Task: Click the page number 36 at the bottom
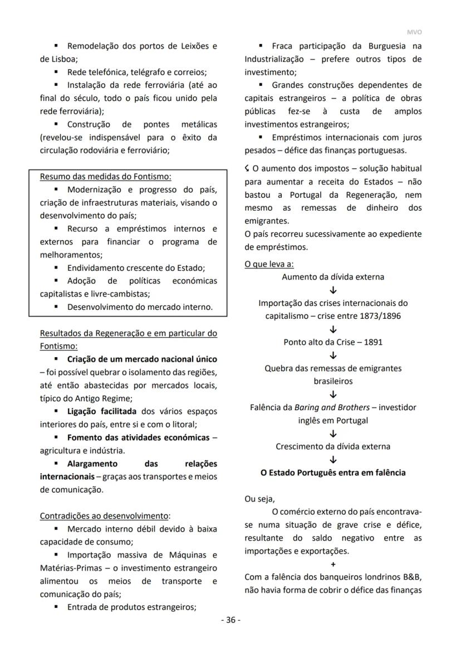pos(230,620)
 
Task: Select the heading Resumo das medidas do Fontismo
pos(106,177)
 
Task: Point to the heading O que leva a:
pos(269,264)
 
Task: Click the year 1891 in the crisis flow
pos(372,342)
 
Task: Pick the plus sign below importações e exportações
pos(333,564)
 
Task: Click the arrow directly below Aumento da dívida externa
pos(333,290)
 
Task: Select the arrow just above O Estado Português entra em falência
pos(333,460)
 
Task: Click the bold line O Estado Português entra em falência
pos(333,473)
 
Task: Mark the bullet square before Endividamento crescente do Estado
pos(56,267)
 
